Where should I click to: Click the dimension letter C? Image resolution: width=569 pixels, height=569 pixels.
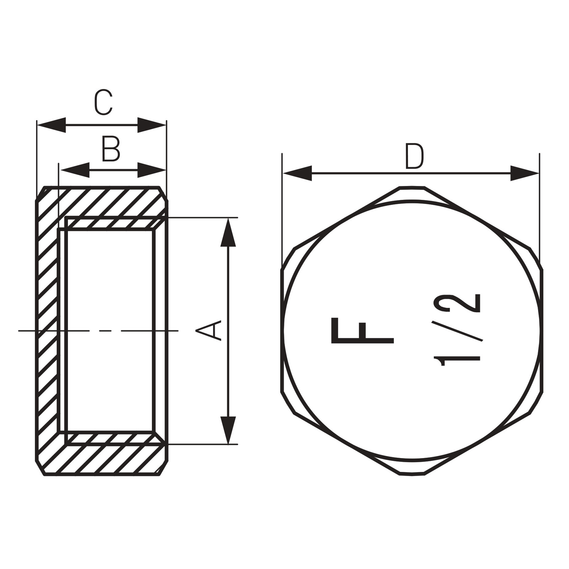tap(103, 102)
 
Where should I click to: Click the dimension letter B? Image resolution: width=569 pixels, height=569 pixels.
tap(111, 149)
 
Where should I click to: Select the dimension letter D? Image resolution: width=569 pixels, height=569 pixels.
tap(415, 156)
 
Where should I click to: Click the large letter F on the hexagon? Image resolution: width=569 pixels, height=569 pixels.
tap(362, 330)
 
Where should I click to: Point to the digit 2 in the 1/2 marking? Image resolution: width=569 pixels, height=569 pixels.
tap(457, 303)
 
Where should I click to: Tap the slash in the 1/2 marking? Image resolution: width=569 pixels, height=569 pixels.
tap(457, 331)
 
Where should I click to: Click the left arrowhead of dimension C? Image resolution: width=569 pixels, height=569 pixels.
tap(51, 125)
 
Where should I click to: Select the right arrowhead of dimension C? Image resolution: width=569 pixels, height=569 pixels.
tap(152, 125)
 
